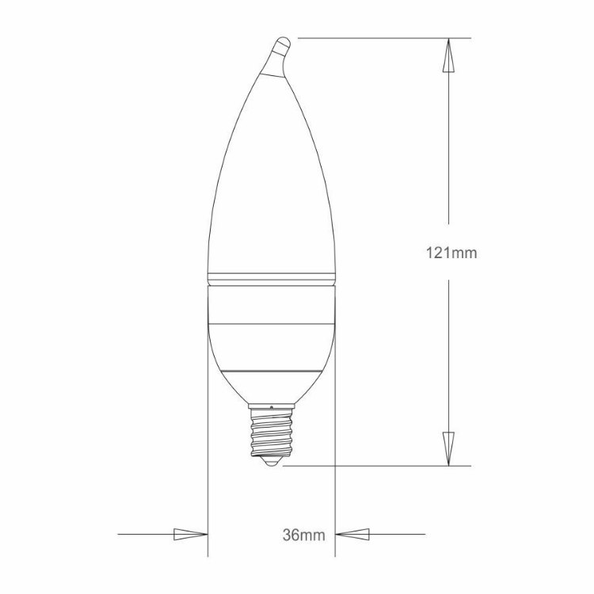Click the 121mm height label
449,253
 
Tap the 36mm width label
303,535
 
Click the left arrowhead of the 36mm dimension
189,535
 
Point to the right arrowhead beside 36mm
353,535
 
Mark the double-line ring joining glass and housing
271,278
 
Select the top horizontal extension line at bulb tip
380,37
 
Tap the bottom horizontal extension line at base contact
372,466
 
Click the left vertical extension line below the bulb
208,475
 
